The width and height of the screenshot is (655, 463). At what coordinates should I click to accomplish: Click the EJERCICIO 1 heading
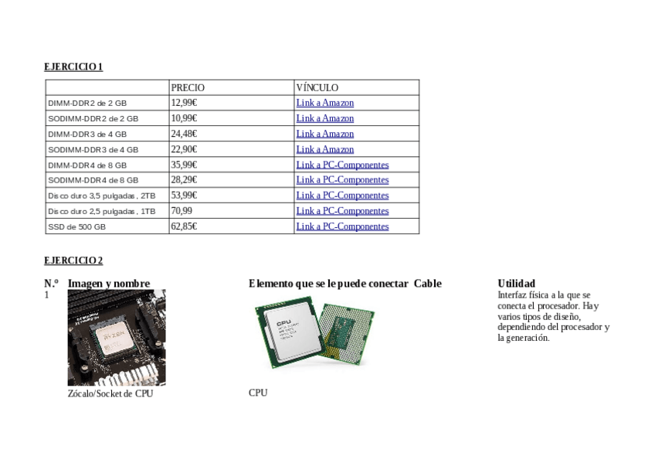click(x=73, y=67)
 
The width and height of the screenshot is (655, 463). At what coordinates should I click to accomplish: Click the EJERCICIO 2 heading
click(x=73, y=260)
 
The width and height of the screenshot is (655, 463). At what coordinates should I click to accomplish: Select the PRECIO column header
click(x=188, y=88)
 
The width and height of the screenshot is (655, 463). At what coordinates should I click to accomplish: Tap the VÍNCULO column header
click(x=317, y=88)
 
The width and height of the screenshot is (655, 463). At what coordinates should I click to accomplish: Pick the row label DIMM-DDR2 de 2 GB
click(x=87, y=103)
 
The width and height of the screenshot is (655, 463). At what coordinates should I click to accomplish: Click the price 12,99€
click(x=184, y=103)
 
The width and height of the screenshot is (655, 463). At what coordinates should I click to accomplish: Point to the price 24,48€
click(x=185, y=134)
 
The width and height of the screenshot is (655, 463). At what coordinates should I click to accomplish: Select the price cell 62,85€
click(x=185, y=226)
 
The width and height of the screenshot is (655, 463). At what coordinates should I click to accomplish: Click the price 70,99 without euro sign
click(x=182, y=210)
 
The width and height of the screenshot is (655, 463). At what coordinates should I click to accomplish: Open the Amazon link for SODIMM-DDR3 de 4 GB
click(x=324, y=149)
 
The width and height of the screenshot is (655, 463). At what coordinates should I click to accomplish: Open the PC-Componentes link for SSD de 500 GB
click(x=342, y=226)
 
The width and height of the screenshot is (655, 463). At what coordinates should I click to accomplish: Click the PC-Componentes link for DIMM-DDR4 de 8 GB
click(x=342, y=165)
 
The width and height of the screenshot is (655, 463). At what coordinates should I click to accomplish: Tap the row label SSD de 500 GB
click(x=77, y=227)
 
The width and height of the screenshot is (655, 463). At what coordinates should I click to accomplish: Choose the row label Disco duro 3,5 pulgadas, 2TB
click(x=101, y=196)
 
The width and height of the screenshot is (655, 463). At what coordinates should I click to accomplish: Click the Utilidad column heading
click(x=516, y=284)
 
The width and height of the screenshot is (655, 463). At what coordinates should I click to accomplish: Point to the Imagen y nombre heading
click(x=109, y=284)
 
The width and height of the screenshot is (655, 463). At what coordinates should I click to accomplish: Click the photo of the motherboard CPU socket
click(x=117, y=337)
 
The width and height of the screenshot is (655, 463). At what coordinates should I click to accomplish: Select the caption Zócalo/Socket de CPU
click(x=110, y=393)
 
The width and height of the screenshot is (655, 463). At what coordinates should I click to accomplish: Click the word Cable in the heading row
click(x=427, y=284)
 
